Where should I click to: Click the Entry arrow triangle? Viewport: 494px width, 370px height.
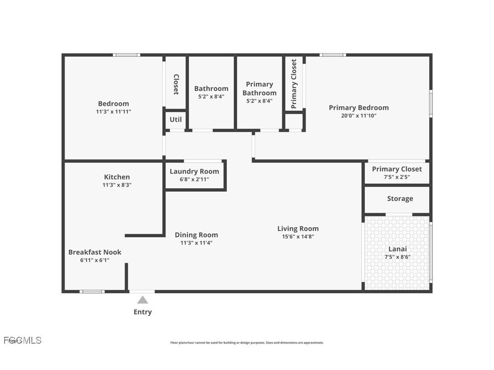click(143, 300)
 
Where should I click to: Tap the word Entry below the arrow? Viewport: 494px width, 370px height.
click(142, 312)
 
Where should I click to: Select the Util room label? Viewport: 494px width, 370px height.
click(176, 120)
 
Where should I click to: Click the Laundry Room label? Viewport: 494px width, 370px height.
click(194, 171)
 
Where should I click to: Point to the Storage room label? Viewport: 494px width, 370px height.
click(400, 199)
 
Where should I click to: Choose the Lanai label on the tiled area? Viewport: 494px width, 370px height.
click(397, 249)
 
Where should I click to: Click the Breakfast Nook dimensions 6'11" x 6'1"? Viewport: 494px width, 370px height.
click(95, 260)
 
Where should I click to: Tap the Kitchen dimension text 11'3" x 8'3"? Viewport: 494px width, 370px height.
click(117, 185)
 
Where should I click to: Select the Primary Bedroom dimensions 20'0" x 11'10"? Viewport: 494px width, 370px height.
click(358, 115)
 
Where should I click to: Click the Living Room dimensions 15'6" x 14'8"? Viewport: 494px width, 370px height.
click(298, 236)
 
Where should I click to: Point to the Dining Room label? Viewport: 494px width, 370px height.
click(196, 235)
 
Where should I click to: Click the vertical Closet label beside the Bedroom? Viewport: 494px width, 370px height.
click(176, 85)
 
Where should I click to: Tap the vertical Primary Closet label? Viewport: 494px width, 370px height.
click(294, 84)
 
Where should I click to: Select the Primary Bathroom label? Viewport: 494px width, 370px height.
click(259, 89)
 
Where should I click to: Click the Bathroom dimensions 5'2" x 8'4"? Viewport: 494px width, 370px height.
click(211, 96)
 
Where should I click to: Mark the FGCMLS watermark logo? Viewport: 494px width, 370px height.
click(22, 340)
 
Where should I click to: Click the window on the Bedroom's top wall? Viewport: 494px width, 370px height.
click(126, 55)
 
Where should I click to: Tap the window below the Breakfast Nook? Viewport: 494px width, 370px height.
click(92, 291)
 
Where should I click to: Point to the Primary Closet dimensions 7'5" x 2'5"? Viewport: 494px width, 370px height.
click(397, 177)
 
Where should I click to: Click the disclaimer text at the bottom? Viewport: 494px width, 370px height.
click(247, 343)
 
